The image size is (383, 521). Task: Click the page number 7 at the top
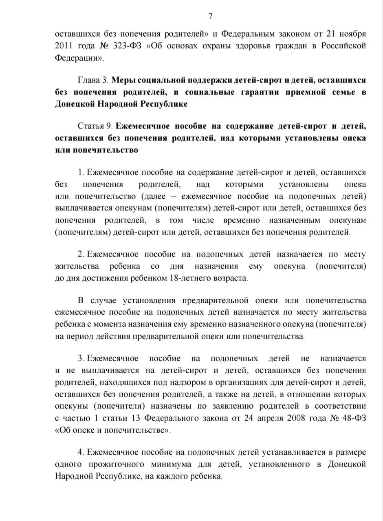coord(211,16)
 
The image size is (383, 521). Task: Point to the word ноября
coord(352,33)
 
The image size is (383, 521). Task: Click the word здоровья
coord(258,45)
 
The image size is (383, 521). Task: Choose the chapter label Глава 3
coord(92,80)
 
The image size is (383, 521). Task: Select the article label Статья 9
coord(96,126)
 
